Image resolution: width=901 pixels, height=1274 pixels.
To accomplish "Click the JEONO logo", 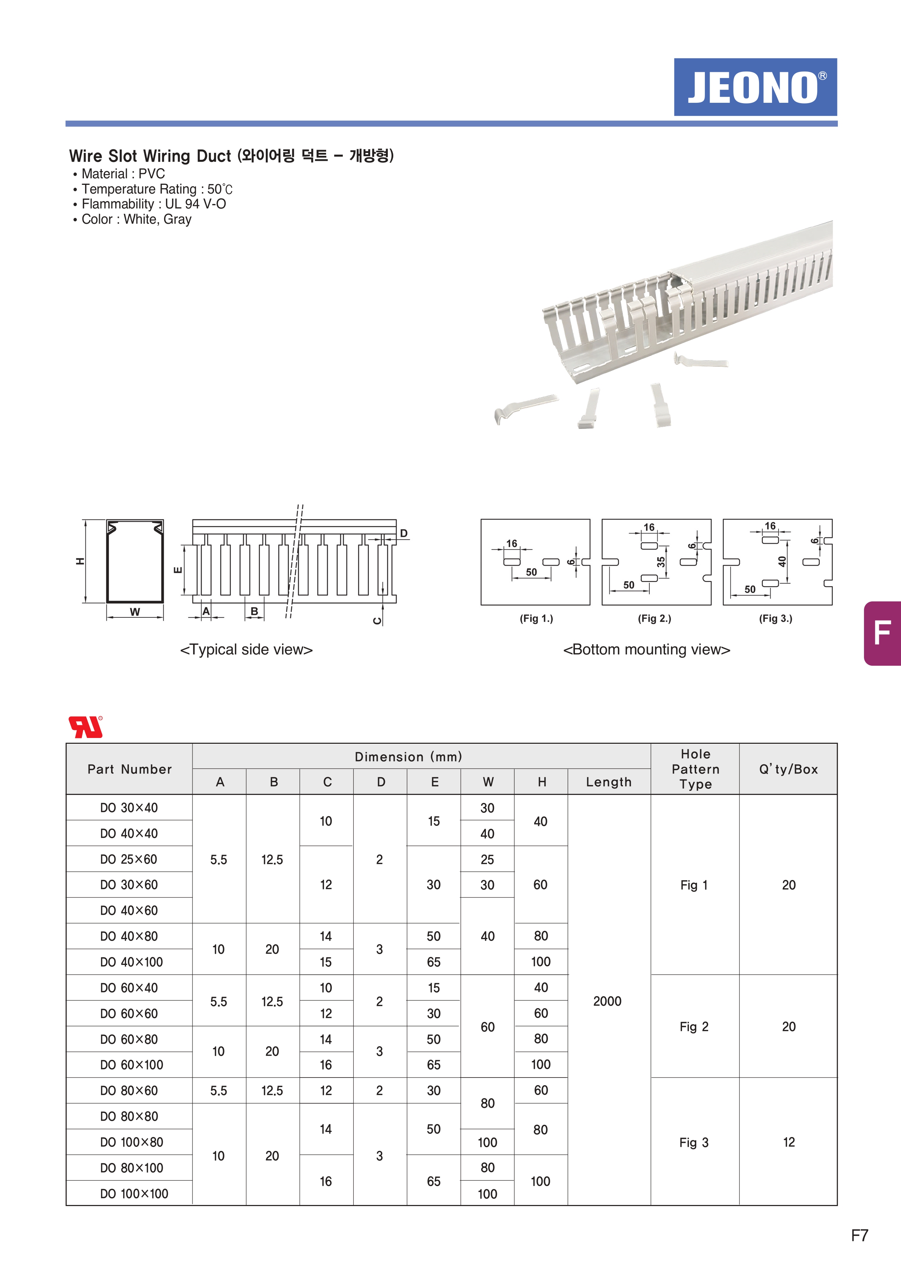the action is click(x=755, y=87).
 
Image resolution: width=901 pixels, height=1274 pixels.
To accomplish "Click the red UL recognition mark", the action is click(x=85, y=727).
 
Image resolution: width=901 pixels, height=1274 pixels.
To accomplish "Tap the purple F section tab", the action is click(x=882, y=633).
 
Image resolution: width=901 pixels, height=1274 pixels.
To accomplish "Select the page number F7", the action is click(x=859, y=1235).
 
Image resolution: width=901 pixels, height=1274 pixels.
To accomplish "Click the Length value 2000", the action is click(x=608, y=1001).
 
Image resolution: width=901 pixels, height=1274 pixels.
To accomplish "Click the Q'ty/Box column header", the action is click(x=788, y=769).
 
